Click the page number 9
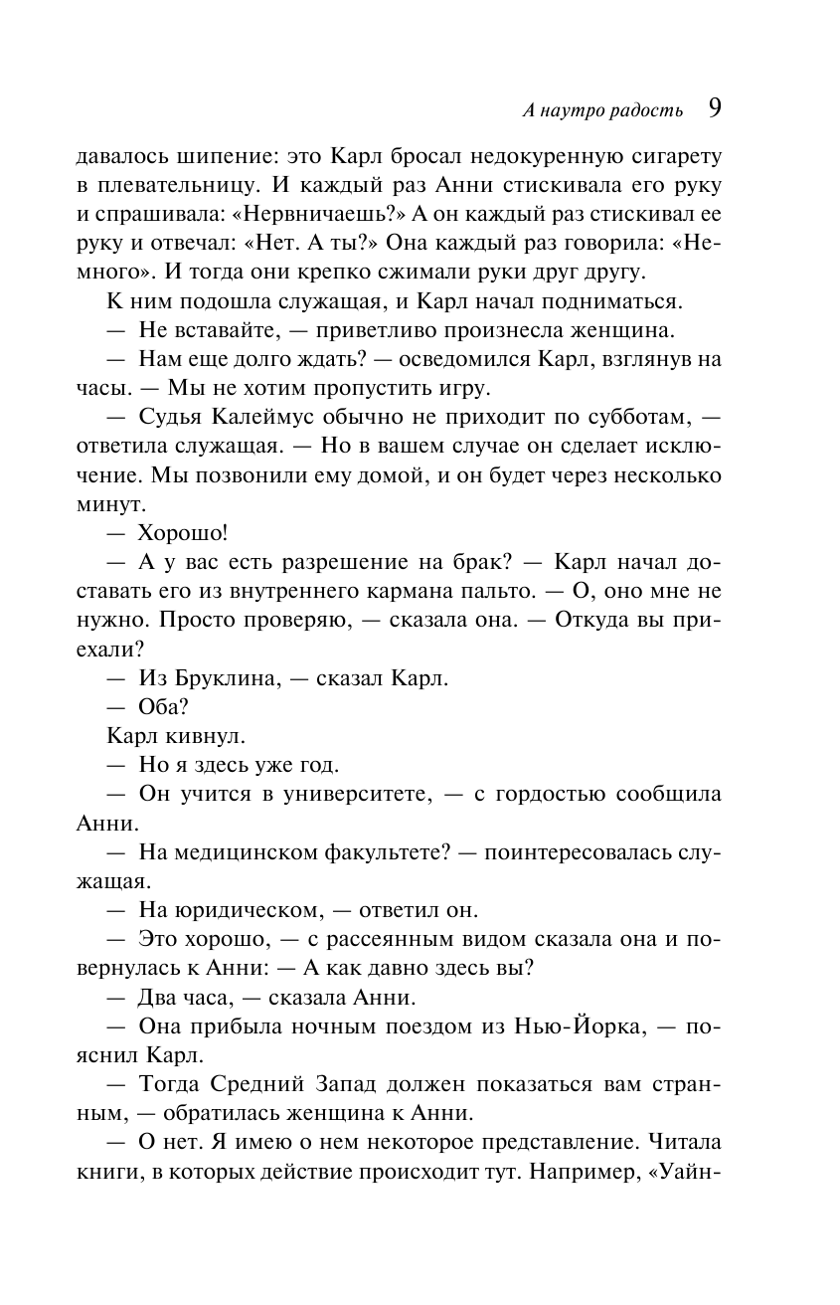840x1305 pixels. click(714, 107)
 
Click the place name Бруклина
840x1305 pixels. click(218, 679)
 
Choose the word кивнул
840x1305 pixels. click(211, 737)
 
